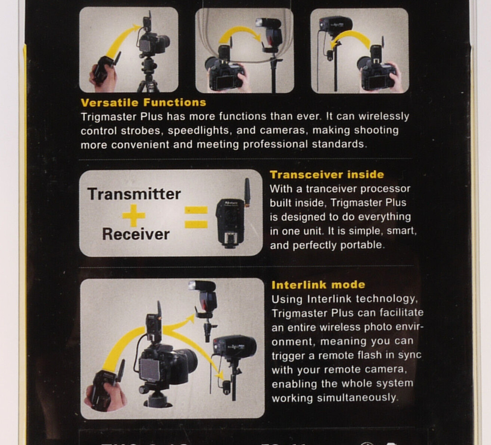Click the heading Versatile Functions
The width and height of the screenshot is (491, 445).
143,103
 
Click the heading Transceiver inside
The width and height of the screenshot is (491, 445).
327,175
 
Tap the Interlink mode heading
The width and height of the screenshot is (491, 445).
318,285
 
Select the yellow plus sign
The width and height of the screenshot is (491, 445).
134,214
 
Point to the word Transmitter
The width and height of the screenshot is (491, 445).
134,194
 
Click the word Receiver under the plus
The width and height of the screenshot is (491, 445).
136,234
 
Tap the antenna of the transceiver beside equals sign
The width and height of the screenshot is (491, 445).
247,191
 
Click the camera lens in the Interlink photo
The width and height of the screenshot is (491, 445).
186,361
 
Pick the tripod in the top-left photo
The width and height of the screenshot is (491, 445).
148,76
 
